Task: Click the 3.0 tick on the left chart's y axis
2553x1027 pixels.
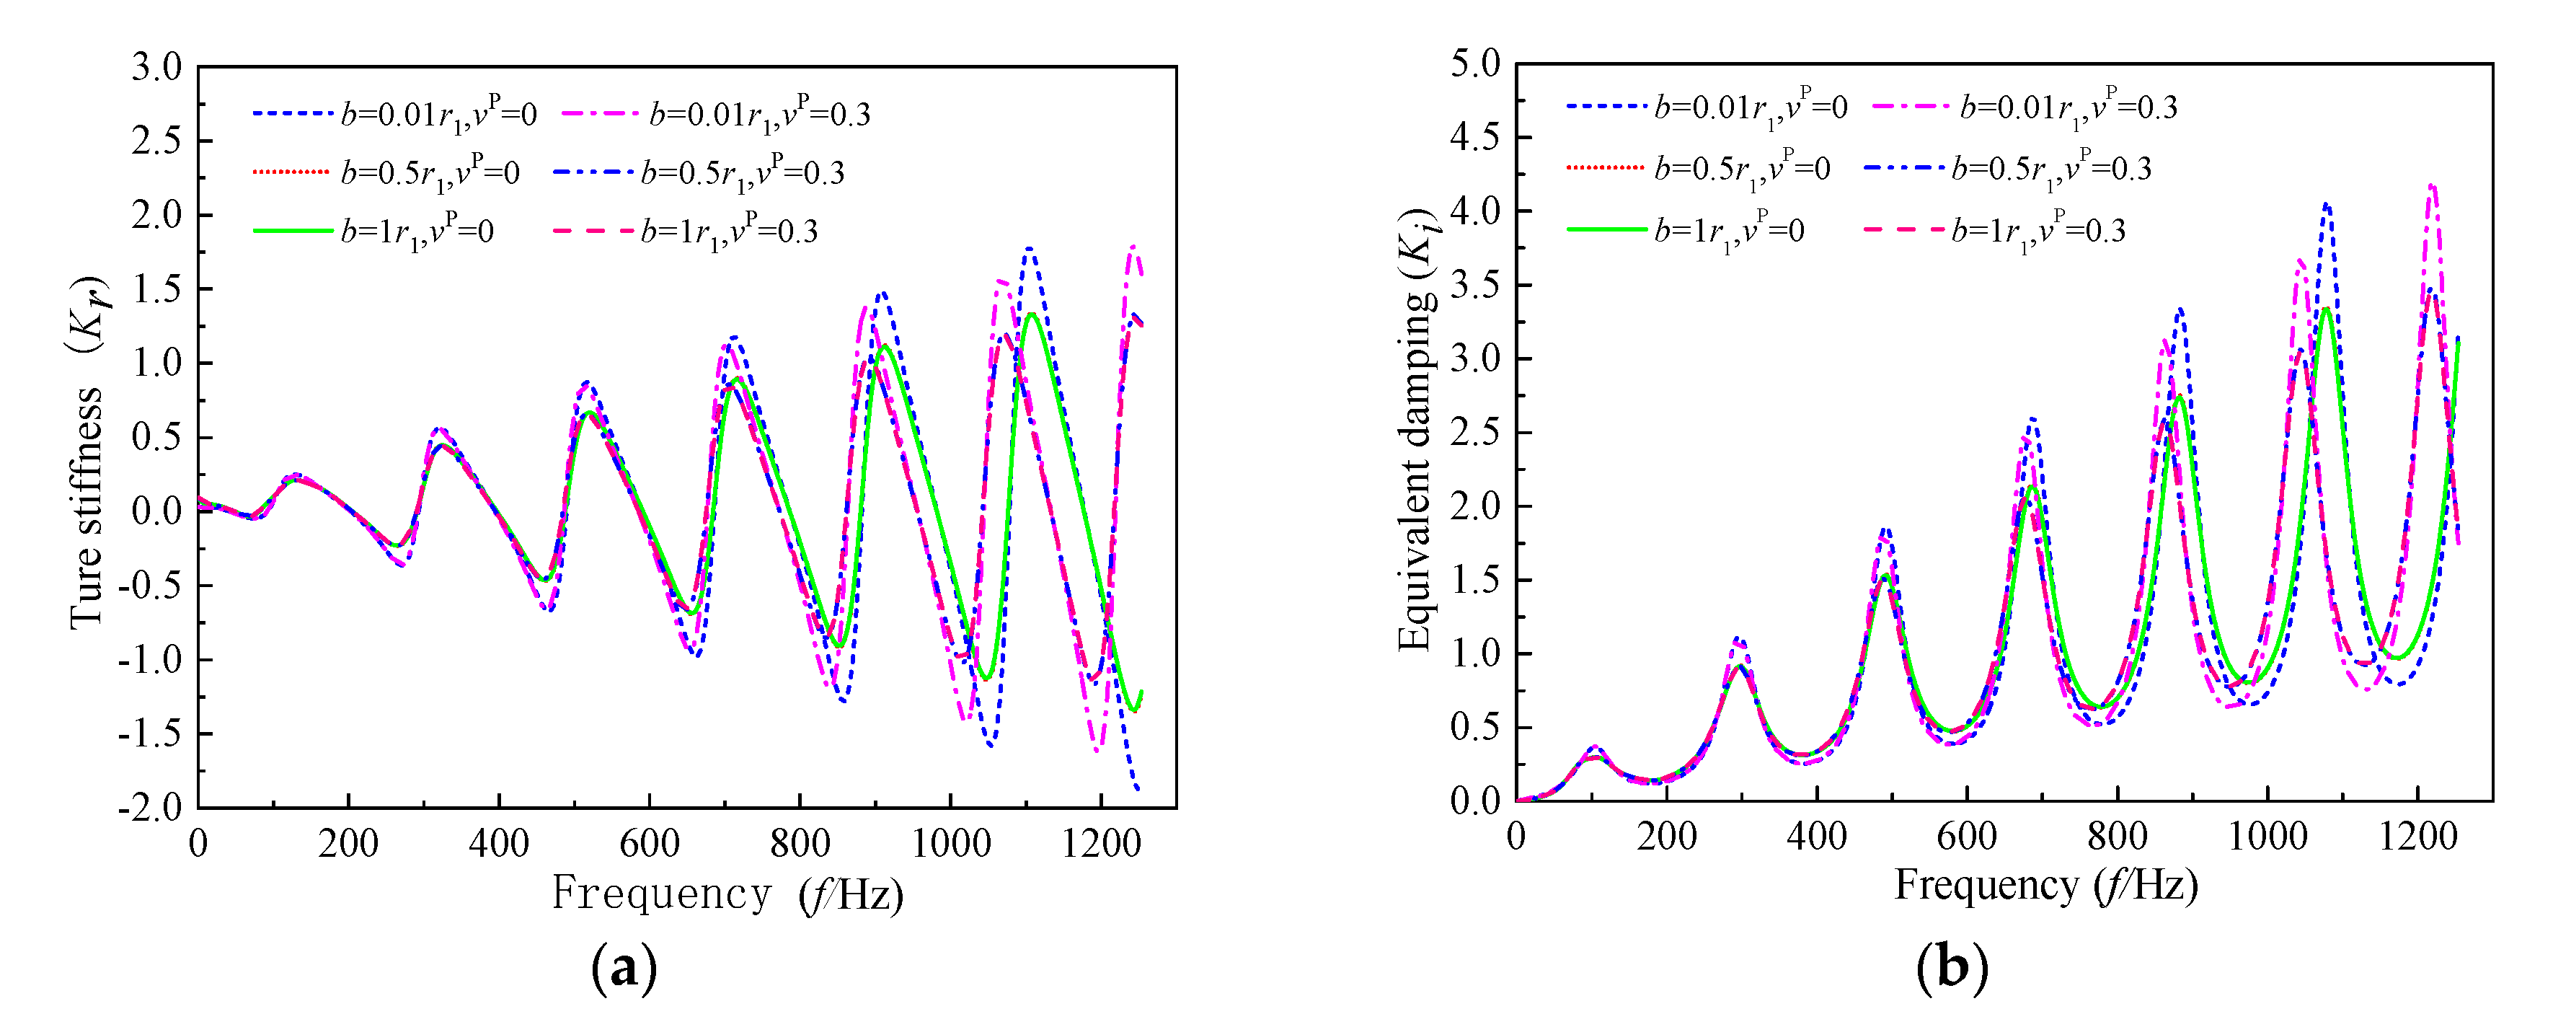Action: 156,67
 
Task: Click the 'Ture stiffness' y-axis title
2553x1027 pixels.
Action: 87,506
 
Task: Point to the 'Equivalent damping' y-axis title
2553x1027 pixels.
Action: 1416,431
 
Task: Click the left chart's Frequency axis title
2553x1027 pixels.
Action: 727,894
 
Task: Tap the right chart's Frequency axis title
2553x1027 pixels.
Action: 2045,885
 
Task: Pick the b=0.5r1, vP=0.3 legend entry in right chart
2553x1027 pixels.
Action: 2008,169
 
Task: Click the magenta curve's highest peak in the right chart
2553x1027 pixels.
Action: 2430,185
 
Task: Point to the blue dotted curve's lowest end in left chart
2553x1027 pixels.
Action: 1138,789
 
